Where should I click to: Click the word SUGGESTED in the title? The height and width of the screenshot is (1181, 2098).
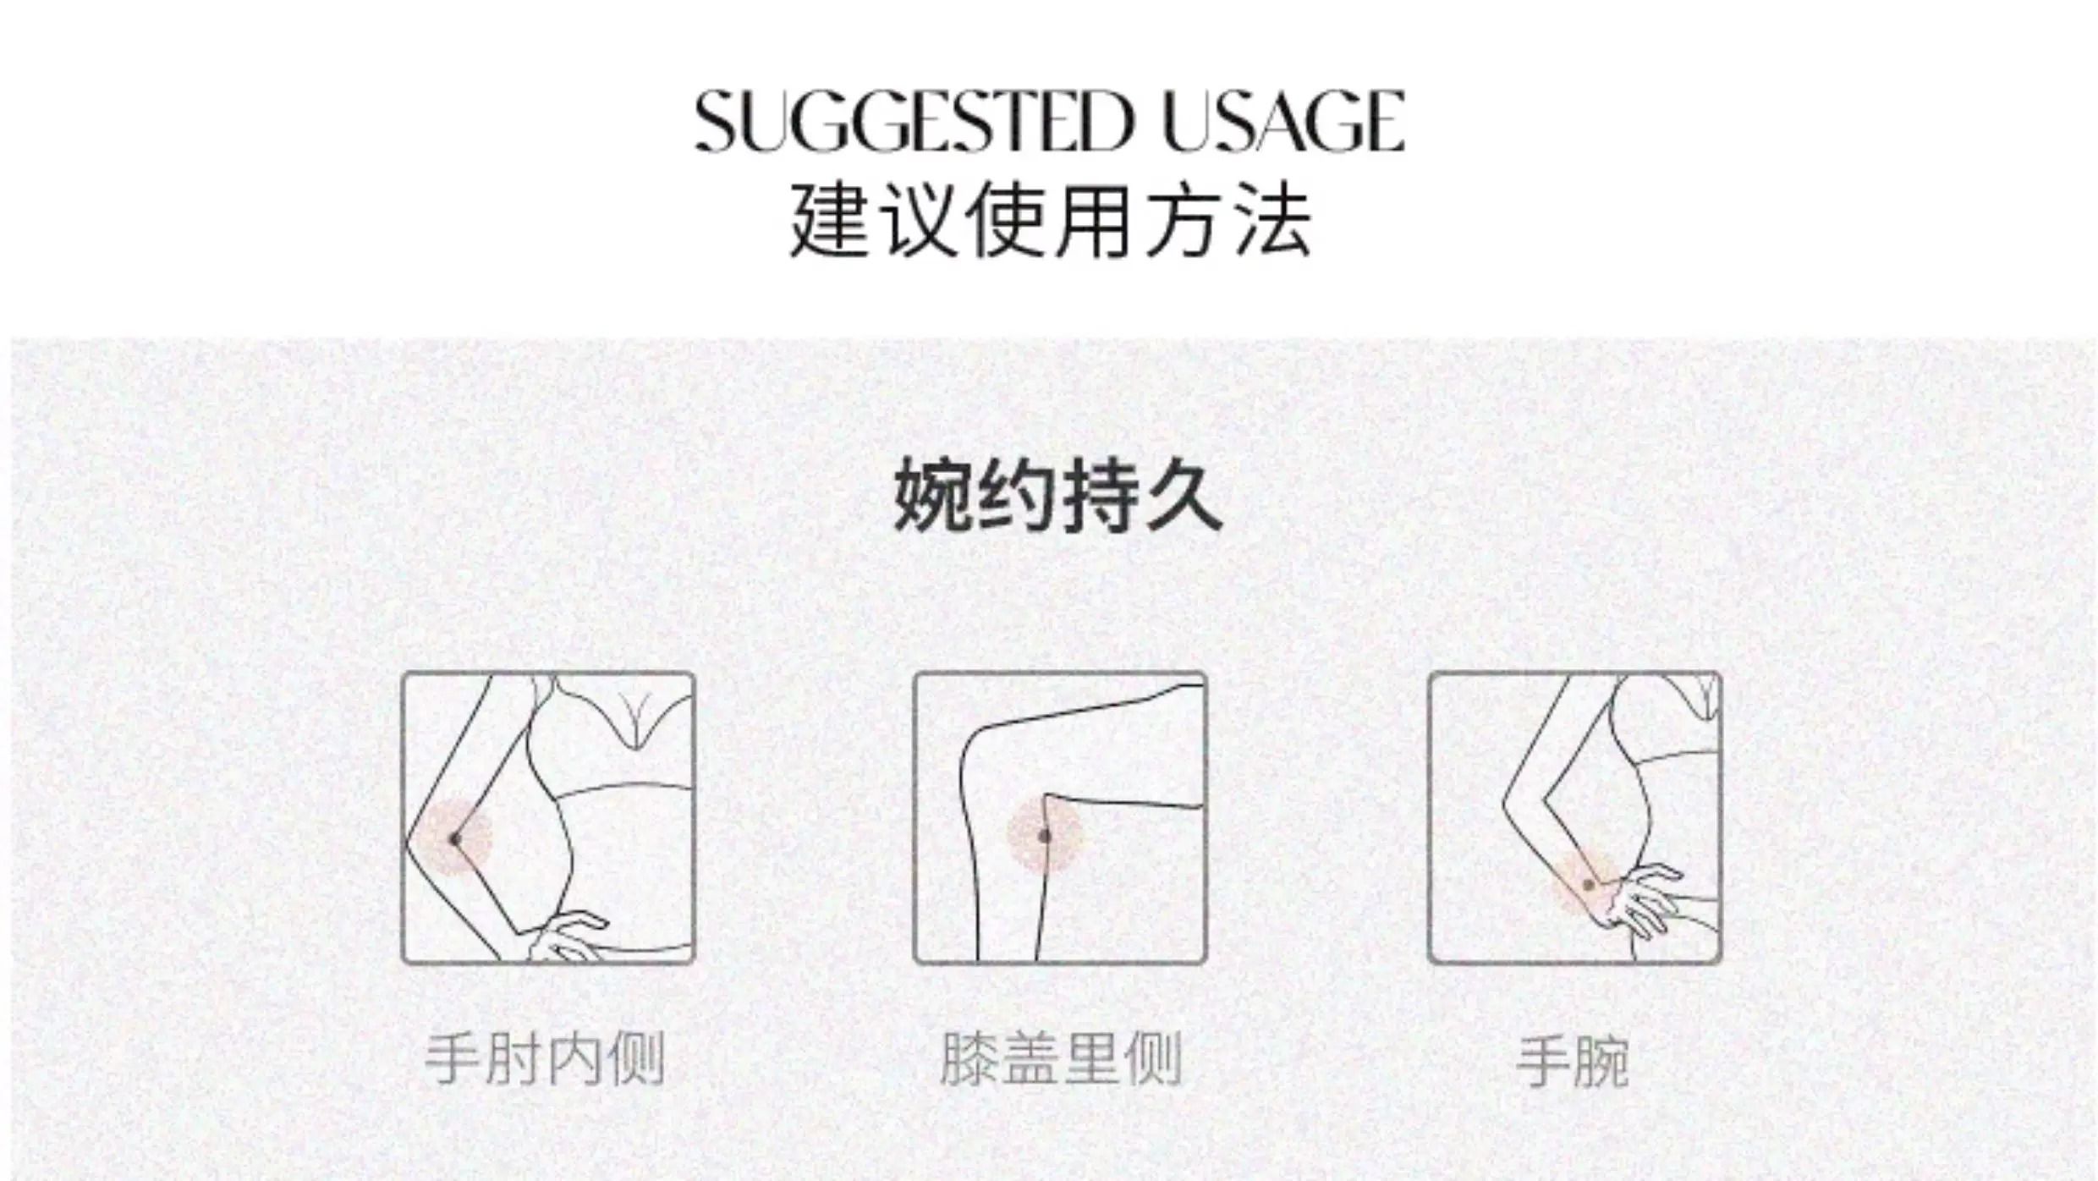point(914,122)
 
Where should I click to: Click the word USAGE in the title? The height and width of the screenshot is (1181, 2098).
point(1284,122)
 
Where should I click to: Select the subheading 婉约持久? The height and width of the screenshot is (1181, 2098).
point(1057,495)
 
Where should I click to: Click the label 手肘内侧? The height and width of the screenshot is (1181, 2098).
point(546,1058)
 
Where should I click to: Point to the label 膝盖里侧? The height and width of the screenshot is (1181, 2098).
point(1061,1058)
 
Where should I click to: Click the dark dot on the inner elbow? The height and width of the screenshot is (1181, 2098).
point(455,839)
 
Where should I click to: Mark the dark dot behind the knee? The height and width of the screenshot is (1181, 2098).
point(1044,837)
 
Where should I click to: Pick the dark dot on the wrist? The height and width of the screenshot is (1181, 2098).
point(1589,886)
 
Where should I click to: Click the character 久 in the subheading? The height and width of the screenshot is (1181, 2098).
point(1183,495)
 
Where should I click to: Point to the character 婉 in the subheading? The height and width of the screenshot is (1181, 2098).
point(932,495)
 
